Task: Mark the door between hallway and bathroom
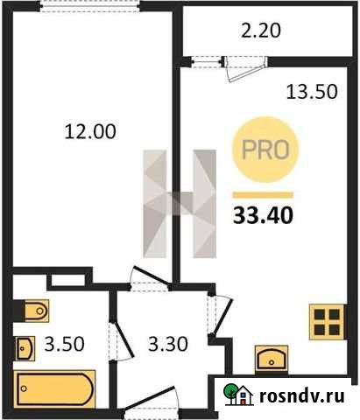pos(113,341)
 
